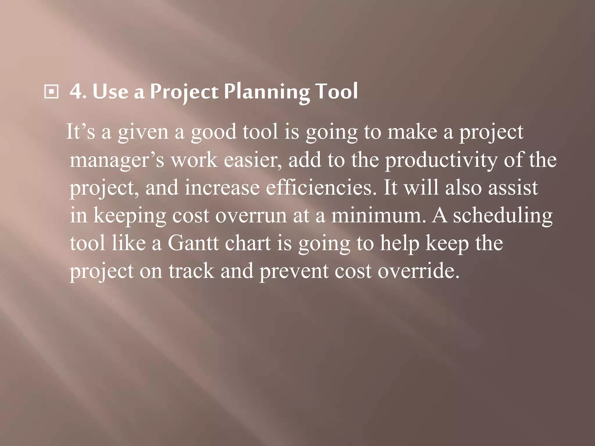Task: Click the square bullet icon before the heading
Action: pos(51,92)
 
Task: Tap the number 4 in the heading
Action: pos(76,92)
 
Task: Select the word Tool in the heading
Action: pos(337,92)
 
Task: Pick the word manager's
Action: pos(117,160)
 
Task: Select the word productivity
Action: pos(441,160)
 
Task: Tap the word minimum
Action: pos(378,215)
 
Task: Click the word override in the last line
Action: pos(418,271)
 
